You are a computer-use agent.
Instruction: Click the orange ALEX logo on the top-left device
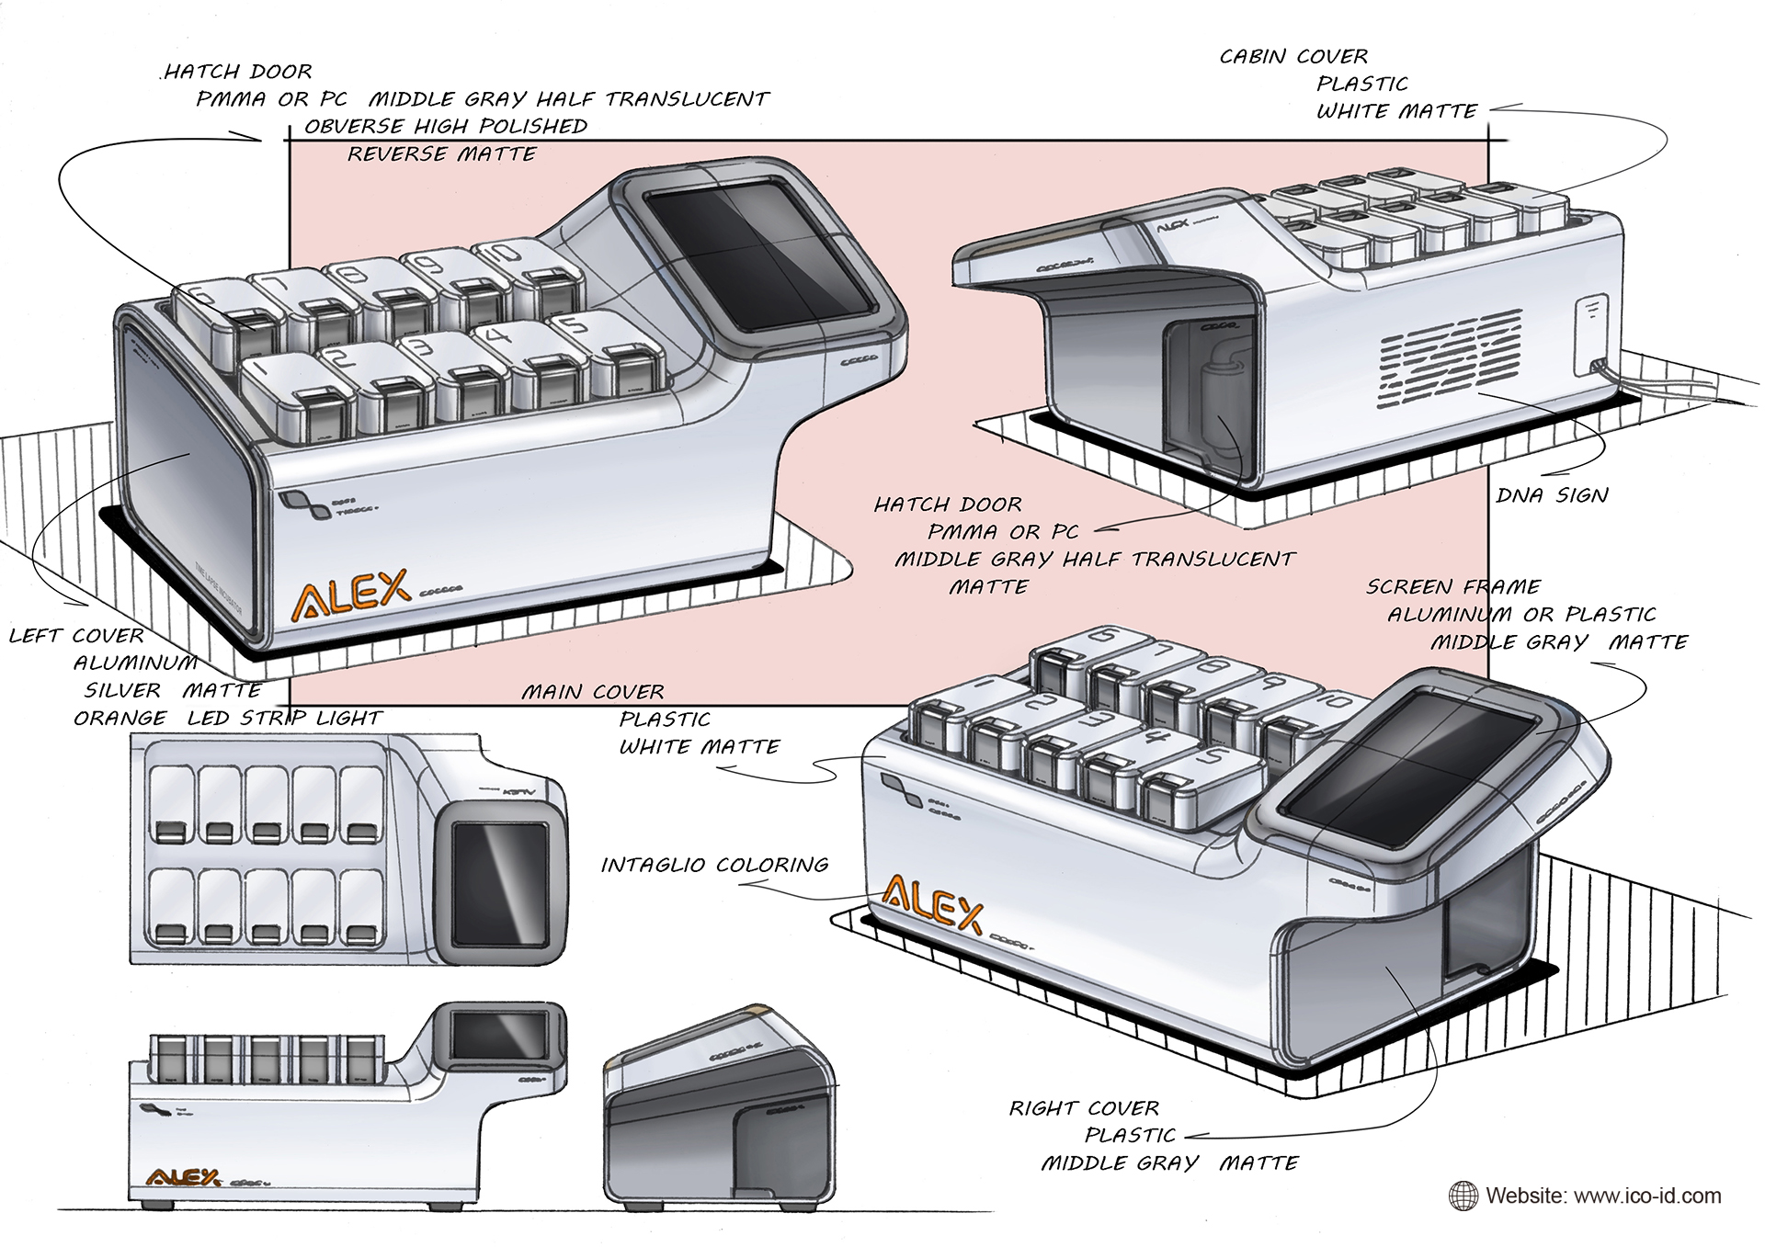350,592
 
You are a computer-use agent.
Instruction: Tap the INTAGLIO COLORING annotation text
714,865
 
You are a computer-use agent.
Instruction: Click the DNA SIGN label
1552,495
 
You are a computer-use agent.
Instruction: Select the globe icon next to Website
1463,1196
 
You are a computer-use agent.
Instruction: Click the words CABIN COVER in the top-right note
1293,57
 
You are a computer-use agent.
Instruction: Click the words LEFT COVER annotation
76,636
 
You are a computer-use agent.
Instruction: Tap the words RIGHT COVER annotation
1084,1108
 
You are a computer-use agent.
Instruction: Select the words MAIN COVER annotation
593,692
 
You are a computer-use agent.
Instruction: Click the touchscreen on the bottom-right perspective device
1408,756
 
